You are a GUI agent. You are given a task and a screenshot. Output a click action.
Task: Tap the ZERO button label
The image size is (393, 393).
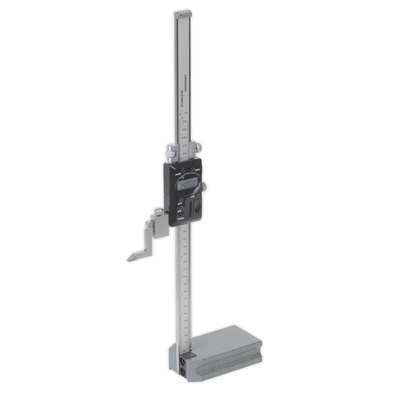coord(197,171)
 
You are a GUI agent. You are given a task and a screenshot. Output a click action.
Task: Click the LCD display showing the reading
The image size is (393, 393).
coord(188,187)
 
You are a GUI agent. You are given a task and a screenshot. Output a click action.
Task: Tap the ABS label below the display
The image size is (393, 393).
coord(193,197)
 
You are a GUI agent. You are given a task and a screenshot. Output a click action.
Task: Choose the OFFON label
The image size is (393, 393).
coord(180,218)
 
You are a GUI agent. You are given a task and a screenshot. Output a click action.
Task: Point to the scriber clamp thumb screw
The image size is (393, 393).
coord(159,211)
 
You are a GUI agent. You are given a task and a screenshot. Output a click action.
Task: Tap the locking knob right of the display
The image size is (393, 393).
coord(204,187)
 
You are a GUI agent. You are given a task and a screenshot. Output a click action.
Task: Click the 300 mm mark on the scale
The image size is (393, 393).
coord(185,122)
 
